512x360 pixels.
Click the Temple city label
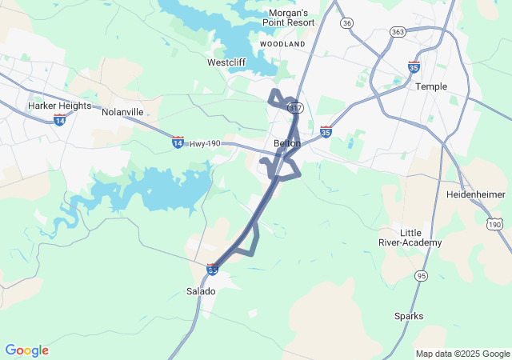(431, 86)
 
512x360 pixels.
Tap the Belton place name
(287, 143)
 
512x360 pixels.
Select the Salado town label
(201, 291)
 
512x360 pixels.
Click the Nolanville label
(122, 112)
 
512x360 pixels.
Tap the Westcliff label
(226, 62)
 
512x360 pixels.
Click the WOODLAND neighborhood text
(283, 44)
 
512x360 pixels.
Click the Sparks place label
(409, 316)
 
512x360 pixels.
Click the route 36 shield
(346, 23)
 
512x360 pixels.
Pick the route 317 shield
(296, 107)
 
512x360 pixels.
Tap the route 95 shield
(422, 275)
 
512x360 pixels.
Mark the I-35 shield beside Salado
(212, 270)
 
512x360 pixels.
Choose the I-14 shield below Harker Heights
(59, 119)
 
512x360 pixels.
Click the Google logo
(26, 350)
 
